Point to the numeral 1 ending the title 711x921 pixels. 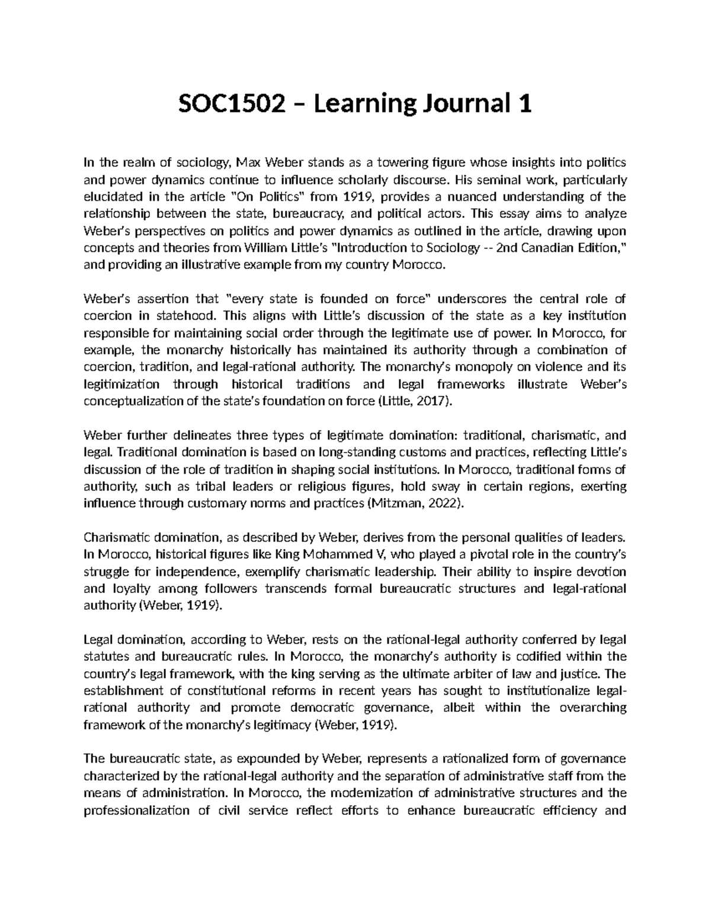pyautogui.click(x=524, y=105)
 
